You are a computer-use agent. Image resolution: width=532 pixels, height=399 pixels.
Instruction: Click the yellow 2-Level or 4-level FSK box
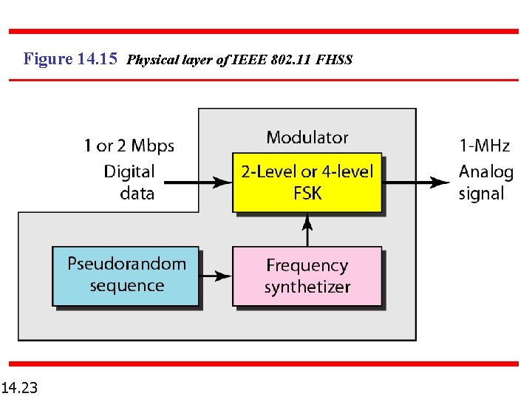pyautogui.click(x=307, y=183)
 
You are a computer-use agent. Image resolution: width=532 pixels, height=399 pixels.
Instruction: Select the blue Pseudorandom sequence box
pyautogui.click(x=126, y=276)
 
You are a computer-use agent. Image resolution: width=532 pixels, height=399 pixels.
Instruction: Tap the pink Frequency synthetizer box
pyautogui.click(x=307, y=276)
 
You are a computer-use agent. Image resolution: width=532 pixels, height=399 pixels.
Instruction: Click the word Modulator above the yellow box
pyautogui.click(x=307, y=137)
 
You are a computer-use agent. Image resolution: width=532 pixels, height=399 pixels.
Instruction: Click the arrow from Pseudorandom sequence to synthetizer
pyautogui.click(x=216, y=276)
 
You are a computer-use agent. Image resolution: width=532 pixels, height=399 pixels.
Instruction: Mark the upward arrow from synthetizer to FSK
pyautogui.click(x=307, y=230)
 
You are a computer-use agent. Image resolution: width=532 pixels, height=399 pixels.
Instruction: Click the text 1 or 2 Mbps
pyautogui.click(x=129, y=146)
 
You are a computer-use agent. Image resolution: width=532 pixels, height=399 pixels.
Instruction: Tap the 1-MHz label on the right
pyautogui.click(x=485, y=146)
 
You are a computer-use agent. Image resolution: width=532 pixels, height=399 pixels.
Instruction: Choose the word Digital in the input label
pyautogui.click(x=129, y=171)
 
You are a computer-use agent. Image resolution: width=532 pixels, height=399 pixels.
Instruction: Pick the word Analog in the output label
pyautogui.click(x=485, y=172)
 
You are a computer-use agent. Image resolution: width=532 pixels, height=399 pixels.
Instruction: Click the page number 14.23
pyautogui.click(x=21, y=386)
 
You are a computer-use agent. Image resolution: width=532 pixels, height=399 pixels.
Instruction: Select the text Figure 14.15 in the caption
pyautogui.click(x=70, y=58)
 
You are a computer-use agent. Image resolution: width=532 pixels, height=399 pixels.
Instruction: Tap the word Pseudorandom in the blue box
pyautogui.click(x=127, y=264)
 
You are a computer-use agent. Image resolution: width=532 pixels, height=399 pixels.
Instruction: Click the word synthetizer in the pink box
pyautogui.click(x=307, y=287)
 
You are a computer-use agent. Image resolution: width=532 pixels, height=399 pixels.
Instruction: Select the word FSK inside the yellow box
pyautogui.click(x=307, y=194)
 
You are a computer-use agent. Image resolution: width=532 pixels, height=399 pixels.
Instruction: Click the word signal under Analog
pyautogui.click(x=481, y=194)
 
